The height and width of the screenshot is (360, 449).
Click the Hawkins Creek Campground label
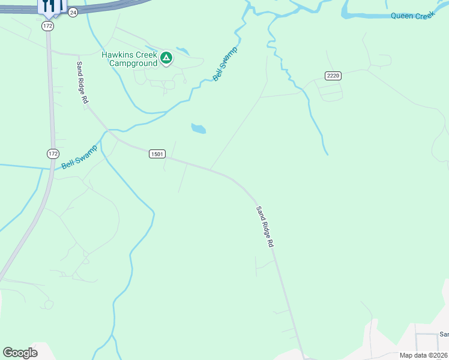[129, 58]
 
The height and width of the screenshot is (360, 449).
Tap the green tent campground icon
[166, 58]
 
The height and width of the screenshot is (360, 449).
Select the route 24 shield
[73, 12]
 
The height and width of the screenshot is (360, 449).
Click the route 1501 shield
[157, 154]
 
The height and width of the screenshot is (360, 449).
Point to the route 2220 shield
[333, 76]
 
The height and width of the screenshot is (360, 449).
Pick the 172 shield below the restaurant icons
[48, 26]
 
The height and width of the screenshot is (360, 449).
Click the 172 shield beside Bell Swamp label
[53, 154]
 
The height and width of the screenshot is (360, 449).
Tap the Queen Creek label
[411, 16]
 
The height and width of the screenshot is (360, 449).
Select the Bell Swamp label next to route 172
[79, 157]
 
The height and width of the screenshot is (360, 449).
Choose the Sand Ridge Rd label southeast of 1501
[265, 227]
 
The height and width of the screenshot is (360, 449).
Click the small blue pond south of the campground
[198, 128]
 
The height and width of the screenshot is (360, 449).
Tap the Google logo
[20, 353]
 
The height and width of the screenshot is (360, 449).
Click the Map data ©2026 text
[423, 355]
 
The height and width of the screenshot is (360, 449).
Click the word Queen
[402, 16]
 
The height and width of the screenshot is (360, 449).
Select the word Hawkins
[116, 55]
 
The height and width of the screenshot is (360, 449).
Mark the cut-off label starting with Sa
[444, 334]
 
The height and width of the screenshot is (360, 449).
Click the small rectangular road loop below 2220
[330, 91]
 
